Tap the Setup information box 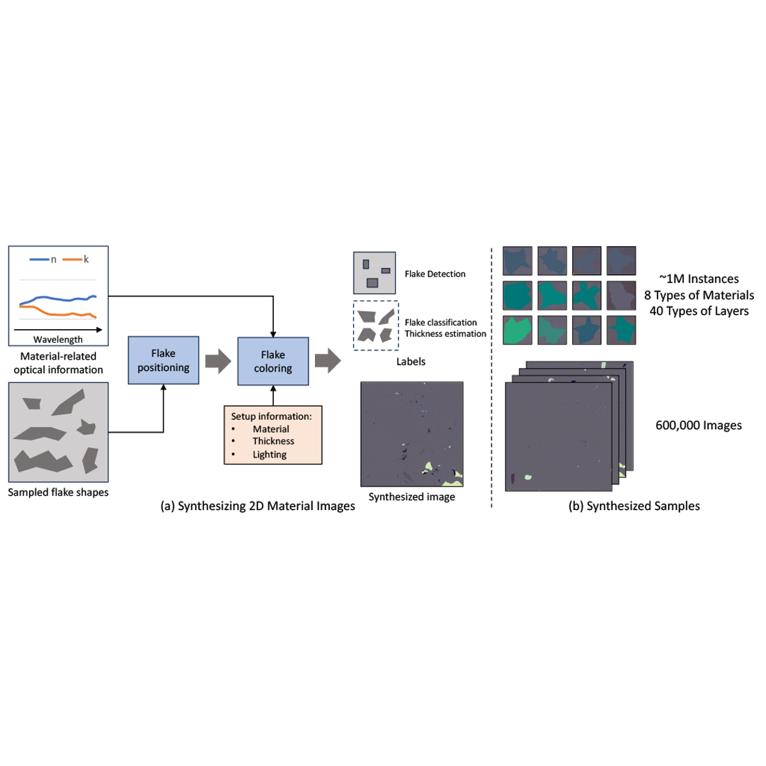[273, 434]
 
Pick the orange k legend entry [80, 260]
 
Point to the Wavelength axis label [58, 340]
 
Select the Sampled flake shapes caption [58, 492]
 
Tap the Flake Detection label [435, 273]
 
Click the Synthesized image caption [412, 497]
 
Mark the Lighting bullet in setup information [270, 455]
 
